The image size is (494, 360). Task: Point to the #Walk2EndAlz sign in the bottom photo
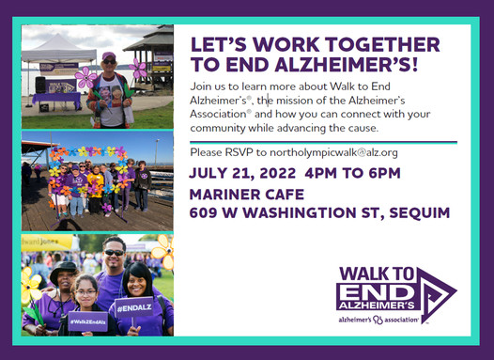[86, 321]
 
